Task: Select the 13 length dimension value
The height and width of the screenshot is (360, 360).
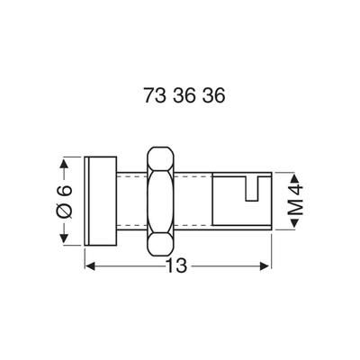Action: click(178, 265)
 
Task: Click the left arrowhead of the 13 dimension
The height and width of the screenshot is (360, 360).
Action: click(90, 265)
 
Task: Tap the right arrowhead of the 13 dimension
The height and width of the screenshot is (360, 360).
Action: click(265, 265)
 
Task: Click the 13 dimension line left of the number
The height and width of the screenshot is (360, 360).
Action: click(126, 265)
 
